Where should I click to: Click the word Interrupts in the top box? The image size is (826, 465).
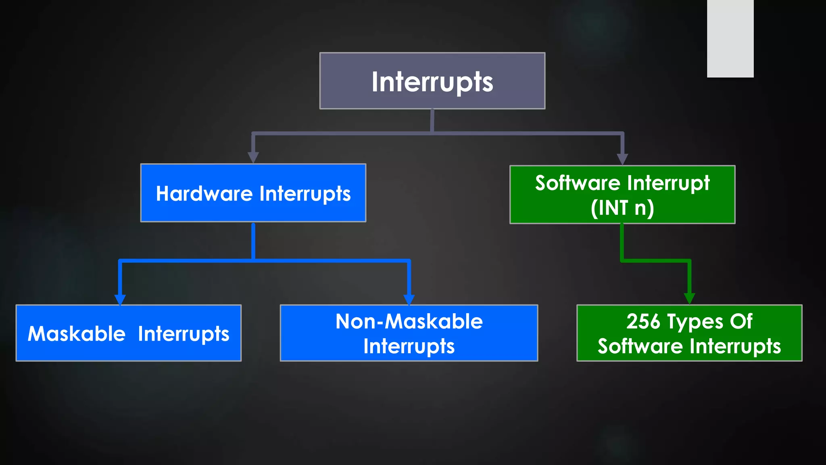pos(432,82)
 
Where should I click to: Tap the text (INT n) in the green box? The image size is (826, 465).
pos(622,208)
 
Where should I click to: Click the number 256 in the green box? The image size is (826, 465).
pos(643,322)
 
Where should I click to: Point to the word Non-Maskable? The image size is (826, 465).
pos(409,322)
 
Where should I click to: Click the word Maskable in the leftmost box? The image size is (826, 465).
pos(77,334)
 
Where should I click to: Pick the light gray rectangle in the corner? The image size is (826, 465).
pos(730,38)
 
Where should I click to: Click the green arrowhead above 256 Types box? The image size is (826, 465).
pos(689,298)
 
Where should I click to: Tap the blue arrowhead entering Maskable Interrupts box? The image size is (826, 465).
pos(120,300)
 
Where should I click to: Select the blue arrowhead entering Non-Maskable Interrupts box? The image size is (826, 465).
pos(409,300)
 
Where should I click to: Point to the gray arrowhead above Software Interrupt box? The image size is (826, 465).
pos(622,159)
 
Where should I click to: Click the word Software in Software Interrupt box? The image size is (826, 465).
pos(578,183)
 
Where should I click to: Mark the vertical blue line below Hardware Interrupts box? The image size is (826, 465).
pos(253,241)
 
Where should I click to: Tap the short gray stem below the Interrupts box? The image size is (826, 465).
pos(432,120)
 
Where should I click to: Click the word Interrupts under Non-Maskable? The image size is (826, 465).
pos(409,346)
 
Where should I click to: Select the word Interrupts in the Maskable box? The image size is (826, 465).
pos(184,334)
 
